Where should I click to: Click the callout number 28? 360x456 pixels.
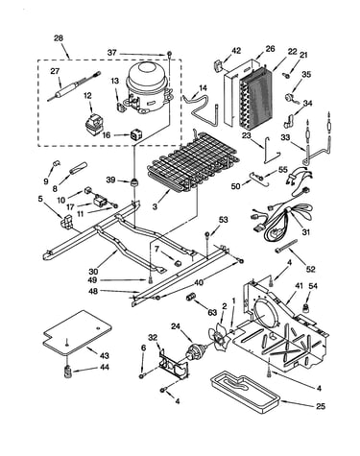[59, 38]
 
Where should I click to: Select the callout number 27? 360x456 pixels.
[55, 71]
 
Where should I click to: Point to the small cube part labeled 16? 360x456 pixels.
[135, 135]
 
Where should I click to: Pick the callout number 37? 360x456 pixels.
[112, 53]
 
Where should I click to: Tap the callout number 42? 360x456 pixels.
[236, 51]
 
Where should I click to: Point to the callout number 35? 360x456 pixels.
[306, 74]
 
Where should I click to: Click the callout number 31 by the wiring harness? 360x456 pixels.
[306, 232]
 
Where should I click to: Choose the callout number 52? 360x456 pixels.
[310, 270]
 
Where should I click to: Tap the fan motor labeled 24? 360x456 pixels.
[195, 352]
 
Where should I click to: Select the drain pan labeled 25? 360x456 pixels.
[245, 391]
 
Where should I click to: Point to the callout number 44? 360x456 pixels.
[104, 368]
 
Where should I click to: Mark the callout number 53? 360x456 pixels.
[224, 220]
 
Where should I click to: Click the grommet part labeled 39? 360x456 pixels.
[132, 182]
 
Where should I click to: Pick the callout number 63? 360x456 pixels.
[212, 313]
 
